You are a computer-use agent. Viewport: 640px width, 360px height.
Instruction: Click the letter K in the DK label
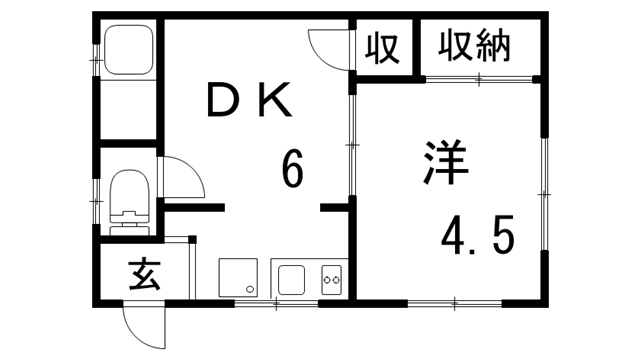pyautogui.click(x=277, y=100)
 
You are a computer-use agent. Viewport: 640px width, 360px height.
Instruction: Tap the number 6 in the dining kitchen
pyautogui.click(x=291, y=170)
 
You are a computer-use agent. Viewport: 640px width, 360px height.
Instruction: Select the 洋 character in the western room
pyautogui.click(x=445, y=165)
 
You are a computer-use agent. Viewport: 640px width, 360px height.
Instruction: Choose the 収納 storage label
pyautogui.click(x=475, y=46)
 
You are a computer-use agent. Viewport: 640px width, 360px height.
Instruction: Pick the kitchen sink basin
pyautogui.click(x=292, y=279)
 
